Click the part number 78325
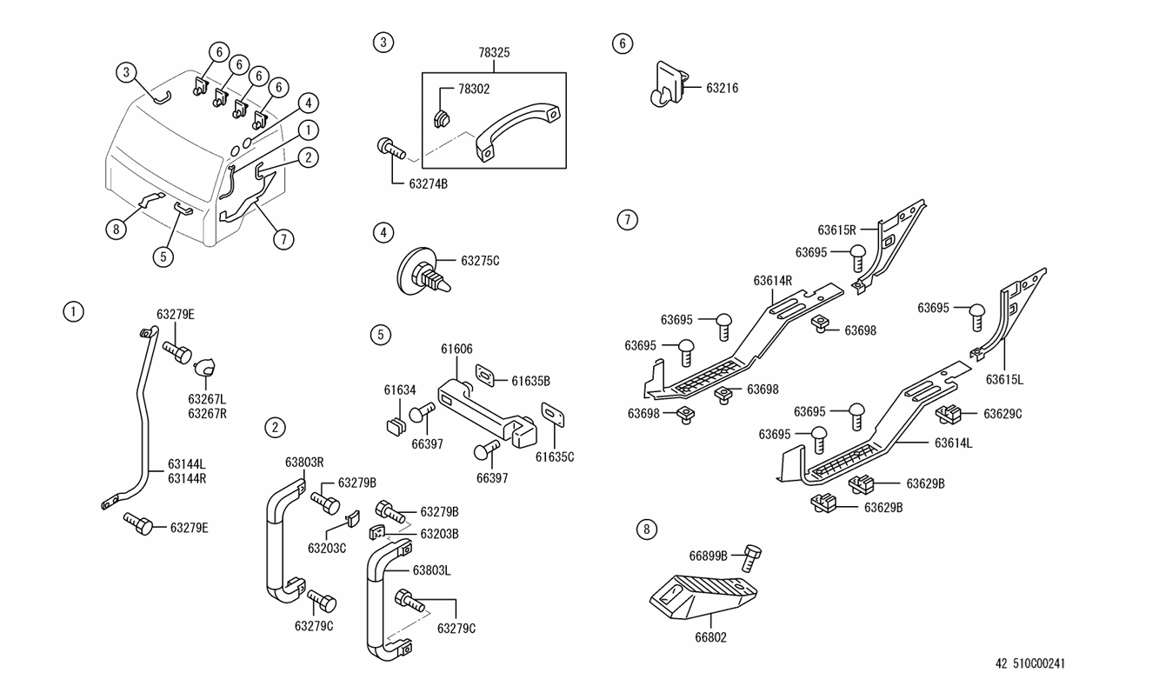pyautogui.click(x=494, y=53)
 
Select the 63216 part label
pyautogui.click(x=722, y=88)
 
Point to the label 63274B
pyautogui.click(x=430, y=183)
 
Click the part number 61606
pyautogui.click(x=456, y=349)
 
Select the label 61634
pyautogui.click(x=401, y=390)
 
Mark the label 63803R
pyautogui.click(x=304, y=462)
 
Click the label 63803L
pyautogui.click(x=432, y=570)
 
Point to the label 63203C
pyautogui.click(x=327, y=548)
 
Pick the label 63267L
pyautogui.click(x=207, y=399)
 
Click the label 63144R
pyautogui.click(x=186, y=478)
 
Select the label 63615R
pyautogui.click(x=837, y=230)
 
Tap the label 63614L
pyautogui.click(x=954, y=443)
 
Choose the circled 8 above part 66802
pyautogui.click(x=645, y=529)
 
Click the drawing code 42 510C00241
pyautogui.click(x=1030, y=663)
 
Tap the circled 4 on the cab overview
pyautogui.click(x=306, y=103)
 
